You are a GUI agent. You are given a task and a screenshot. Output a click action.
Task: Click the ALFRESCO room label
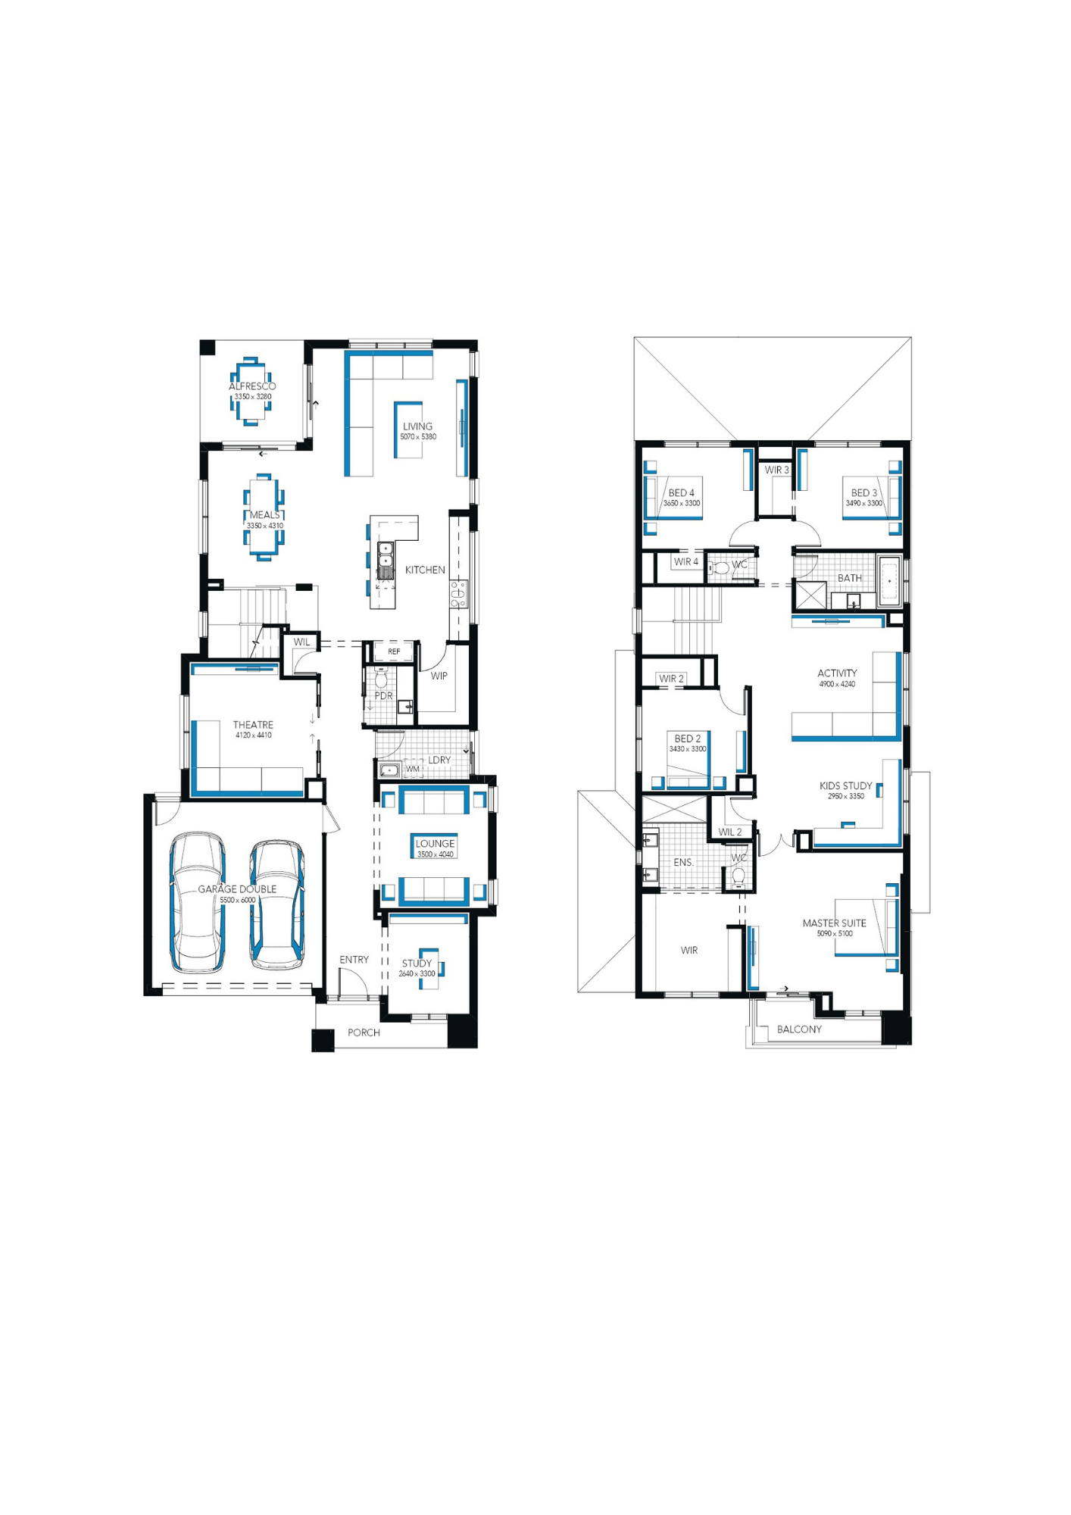(x=252, y=386)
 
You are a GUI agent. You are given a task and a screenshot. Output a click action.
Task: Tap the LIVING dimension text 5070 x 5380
(x=418, y=437)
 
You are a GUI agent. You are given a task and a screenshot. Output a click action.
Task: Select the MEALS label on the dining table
(x=264, y=515)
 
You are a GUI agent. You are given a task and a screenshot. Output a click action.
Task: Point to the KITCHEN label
(x=425, y=570)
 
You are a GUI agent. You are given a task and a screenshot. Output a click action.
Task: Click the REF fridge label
(x=394, y=651)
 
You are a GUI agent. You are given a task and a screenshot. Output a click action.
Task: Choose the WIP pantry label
(x=439, y=676)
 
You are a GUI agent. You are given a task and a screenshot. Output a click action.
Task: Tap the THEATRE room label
(x=253, y=725)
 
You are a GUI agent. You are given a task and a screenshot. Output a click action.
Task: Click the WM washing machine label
(x=413, y=770)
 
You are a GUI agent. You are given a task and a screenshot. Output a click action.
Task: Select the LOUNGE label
(x=436, y=844)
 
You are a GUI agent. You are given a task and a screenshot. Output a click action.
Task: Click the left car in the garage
(x=197, y=902)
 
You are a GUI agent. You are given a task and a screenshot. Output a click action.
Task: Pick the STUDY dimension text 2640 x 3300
(x=417, y=974)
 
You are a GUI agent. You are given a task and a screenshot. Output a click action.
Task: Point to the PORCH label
(x=364, y=1032)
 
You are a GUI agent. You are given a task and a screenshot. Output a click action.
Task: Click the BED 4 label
(x=681, y=493)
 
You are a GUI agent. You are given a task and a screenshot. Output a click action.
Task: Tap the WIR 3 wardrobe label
(x=776, y=470)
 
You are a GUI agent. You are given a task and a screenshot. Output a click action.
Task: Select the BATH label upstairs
(x=849, y=578)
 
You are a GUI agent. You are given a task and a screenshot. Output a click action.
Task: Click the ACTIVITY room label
(x=837, y=673)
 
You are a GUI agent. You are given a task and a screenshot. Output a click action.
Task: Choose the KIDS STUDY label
(x=845, y=786)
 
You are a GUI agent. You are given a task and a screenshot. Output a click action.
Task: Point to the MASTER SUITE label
(x=834, y=923)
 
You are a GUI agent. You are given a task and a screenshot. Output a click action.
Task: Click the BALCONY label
(x=799, y=1029)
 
